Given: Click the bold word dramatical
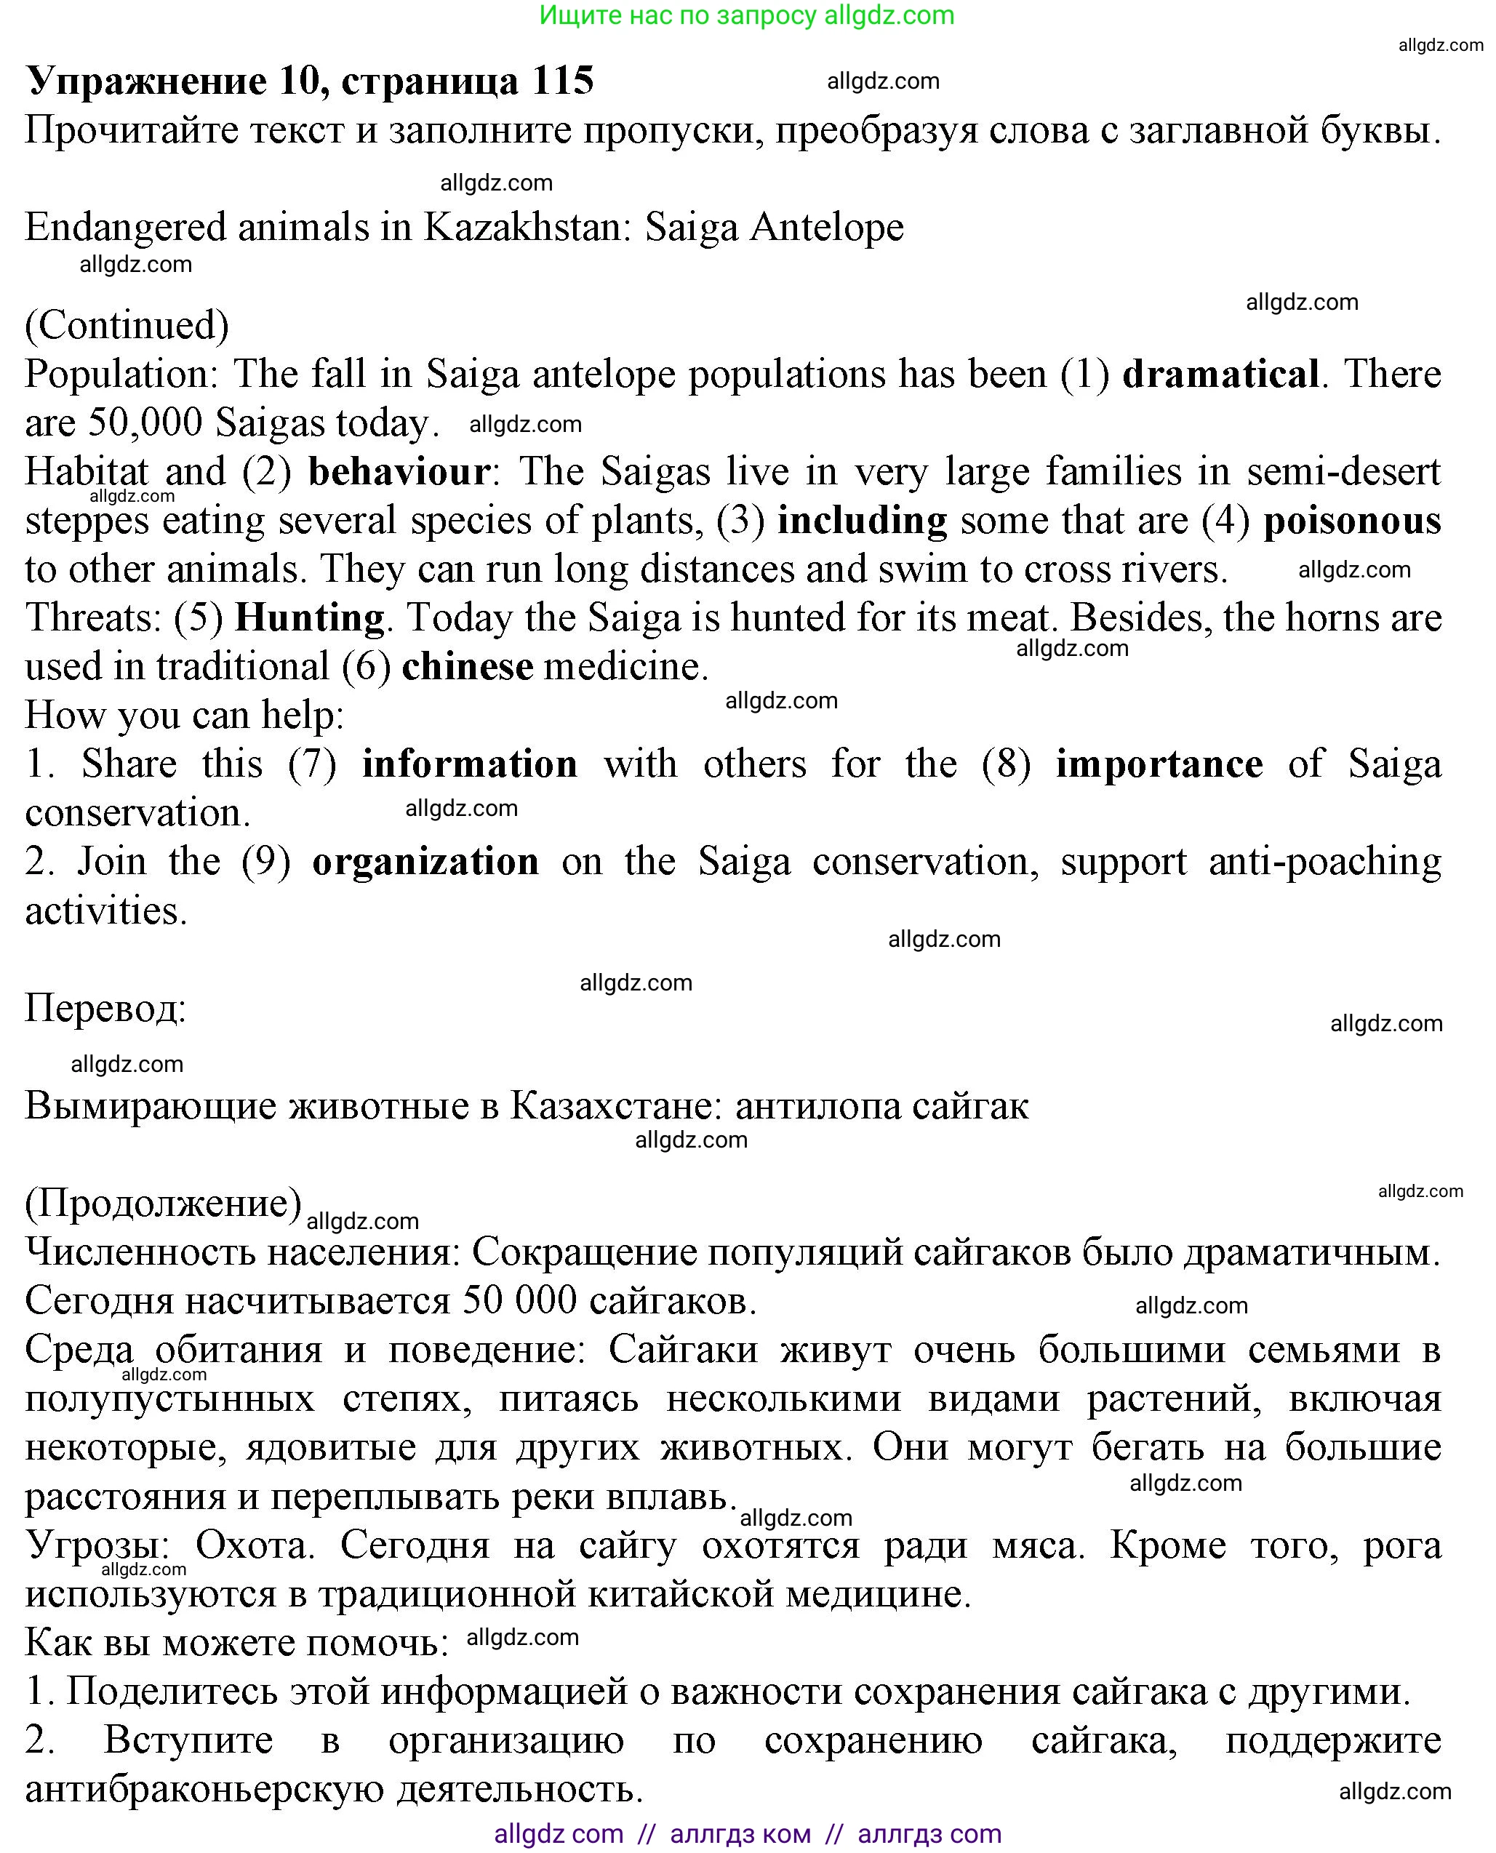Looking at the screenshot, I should (x=1220, y=374).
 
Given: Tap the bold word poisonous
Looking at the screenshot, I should (x=1351, y=521).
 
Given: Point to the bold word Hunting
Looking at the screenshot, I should (x=309, y=618).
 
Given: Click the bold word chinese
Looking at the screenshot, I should (x=467, y=666).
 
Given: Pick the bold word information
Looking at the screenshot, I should (x=470, y=764).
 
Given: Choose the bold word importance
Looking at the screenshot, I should (x=1159, y=764).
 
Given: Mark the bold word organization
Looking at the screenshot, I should (x=425, y=861).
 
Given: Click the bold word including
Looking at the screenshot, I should (x=862, y=521).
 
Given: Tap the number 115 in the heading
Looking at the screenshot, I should (x=563, y=81).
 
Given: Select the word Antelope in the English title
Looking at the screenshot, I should (x=826, y=228).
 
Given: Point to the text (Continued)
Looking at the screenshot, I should (x=127, y=325).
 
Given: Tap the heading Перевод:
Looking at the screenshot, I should (x=105, y=1007).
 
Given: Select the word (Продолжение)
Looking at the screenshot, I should (x=163, y=1202).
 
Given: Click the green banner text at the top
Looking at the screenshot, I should (x=746, y=15).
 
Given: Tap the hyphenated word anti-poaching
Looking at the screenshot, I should (x=1324, y=861).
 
